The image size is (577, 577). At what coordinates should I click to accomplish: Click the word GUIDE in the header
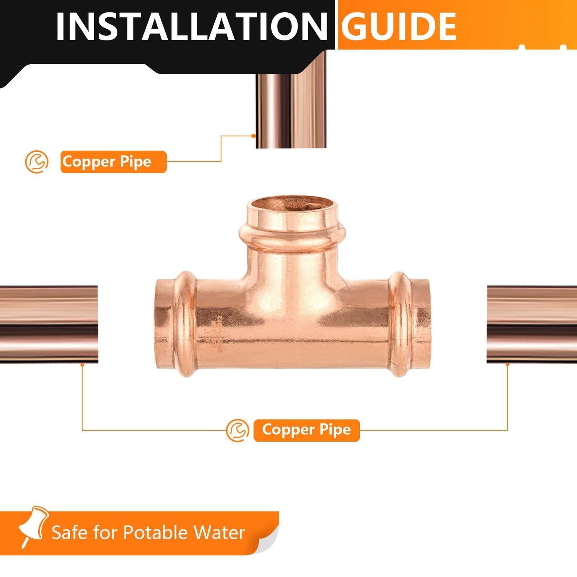(399, 26)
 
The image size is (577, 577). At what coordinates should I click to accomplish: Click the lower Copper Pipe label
(306, 430)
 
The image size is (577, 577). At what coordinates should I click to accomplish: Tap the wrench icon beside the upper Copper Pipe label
(37, 162)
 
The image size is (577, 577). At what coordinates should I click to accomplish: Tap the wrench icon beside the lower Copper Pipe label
(238, 430)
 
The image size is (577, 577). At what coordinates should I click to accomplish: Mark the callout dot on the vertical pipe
(254, 136)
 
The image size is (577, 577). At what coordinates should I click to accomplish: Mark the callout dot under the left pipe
(82, 364)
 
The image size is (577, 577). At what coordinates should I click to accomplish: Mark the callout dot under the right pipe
(507, 364)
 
